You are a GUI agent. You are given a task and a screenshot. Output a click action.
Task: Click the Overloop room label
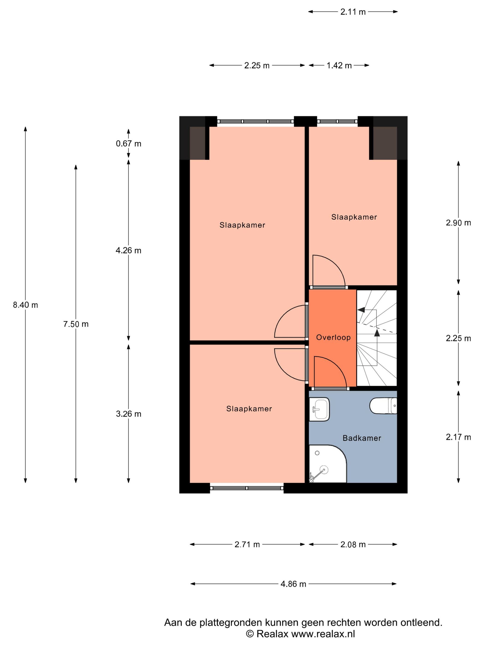click(333, 337)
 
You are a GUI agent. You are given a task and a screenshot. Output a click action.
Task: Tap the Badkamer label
click(362, 438)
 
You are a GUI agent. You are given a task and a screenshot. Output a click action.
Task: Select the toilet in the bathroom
click(383, 406)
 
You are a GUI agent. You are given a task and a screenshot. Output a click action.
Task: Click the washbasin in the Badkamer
click(320, 409)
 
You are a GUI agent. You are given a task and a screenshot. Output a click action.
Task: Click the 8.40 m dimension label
click(25, 305)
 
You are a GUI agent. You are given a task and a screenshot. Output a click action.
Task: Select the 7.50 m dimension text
click(76, 324)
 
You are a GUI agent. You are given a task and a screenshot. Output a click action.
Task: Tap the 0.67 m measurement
click(128, 144)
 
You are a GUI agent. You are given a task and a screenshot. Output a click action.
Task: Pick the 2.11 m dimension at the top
click(353, 12)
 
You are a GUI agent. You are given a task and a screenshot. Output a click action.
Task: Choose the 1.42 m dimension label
click(339, 66)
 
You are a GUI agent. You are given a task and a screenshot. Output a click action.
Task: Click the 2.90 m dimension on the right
click(458, 223)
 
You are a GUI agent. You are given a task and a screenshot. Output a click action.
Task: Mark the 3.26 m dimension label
click(128, 414)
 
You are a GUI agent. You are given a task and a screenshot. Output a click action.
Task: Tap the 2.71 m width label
click(247, 544)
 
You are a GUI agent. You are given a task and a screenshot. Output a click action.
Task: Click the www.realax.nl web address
click(323, 634)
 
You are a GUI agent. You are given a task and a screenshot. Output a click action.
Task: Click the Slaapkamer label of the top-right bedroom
click(354, 217)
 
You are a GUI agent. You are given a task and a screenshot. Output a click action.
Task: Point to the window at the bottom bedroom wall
click(247, 488)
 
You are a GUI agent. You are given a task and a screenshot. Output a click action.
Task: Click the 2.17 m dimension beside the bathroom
click(458, 437)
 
